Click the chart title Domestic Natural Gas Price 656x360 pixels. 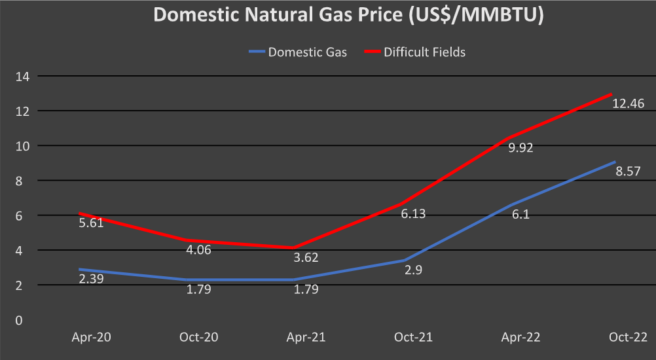(349, 15)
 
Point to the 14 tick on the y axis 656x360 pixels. (24, 76)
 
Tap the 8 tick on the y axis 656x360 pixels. (27, 181)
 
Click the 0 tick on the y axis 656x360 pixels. (27, 320)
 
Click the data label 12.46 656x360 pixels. (628, 103)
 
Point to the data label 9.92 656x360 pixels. (520, 147)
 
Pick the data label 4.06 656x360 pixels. (198, 249)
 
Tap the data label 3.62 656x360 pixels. (305, 257)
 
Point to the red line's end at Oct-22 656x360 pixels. (611, 94)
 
